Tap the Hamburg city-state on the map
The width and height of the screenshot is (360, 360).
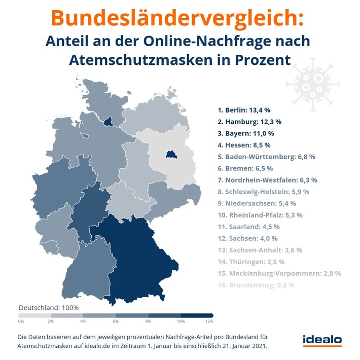tap(107, 122)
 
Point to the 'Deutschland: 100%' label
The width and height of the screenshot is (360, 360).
tap(49, 308)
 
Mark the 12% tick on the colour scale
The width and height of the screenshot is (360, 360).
tap(209, 321)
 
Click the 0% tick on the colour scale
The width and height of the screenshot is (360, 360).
tap(21, 321)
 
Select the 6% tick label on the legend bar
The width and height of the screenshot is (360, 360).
tap(115, 321)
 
